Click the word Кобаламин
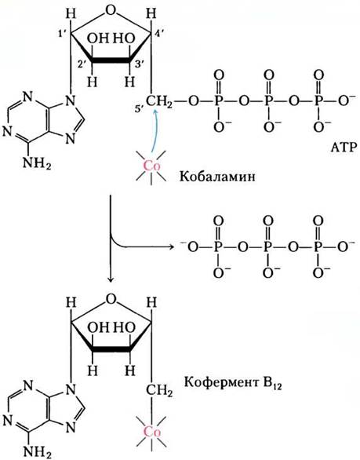pos(217,177)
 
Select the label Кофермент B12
pos(233,383)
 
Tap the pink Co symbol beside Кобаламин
pos(151,166)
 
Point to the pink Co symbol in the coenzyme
pos(152,432)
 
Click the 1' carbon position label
pos(64,35)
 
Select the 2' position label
pos(82,65)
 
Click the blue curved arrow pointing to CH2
pos(153,130)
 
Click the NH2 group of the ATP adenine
pos(37,163)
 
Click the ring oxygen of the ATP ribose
pos(111,11)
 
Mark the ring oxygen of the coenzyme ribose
pos(111,299)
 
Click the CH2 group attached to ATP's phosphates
pos(159,102)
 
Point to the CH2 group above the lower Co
pos(159,391)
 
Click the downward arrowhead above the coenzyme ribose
pos(111,279)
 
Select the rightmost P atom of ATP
pos(318,101)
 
